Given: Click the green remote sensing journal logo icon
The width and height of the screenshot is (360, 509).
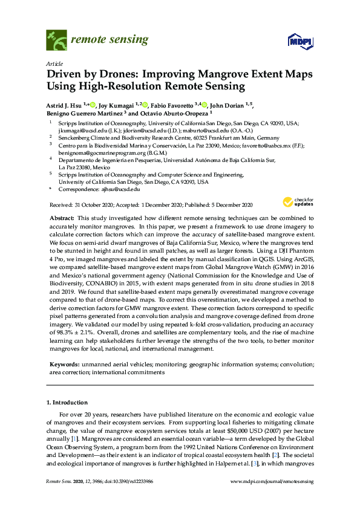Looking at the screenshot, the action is tap(56, 40).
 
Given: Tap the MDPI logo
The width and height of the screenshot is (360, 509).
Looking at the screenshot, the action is tap(299, 41).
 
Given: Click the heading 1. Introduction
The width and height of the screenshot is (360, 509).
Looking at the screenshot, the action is tap(67, 403).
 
